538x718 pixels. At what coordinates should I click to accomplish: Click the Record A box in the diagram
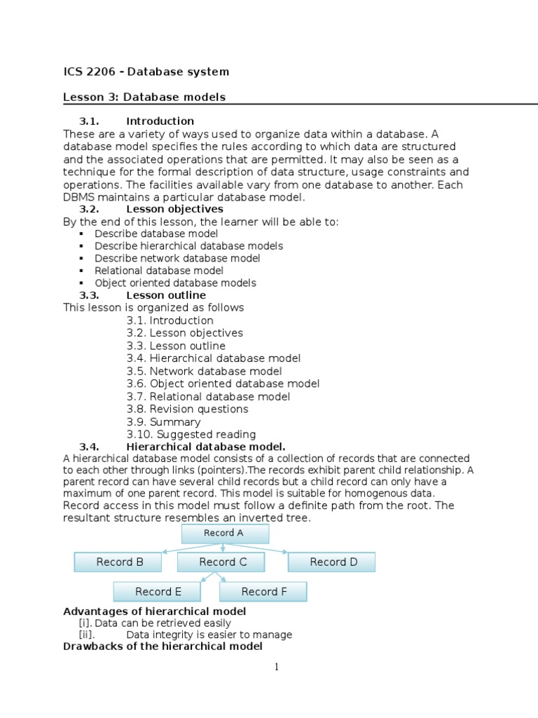225,534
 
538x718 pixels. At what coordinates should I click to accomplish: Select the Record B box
118,562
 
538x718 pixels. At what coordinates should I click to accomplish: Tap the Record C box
222,562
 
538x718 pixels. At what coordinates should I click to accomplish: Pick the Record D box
332,562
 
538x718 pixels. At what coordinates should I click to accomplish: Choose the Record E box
158,592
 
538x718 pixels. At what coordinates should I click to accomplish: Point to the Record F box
263,592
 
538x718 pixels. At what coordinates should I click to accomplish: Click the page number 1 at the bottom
277,668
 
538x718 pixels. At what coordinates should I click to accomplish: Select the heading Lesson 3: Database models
144,97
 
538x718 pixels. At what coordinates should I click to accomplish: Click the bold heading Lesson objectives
174,209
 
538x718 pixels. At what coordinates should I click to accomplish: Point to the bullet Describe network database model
177,258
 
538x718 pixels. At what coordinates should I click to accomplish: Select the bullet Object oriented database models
175,283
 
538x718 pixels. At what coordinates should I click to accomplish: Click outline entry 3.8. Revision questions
188,409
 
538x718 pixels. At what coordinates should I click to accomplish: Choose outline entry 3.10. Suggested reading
191,435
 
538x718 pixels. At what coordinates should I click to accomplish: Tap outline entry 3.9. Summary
164,422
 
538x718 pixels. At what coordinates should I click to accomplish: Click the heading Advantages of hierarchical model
154,611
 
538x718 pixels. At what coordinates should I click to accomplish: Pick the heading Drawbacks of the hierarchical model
163,646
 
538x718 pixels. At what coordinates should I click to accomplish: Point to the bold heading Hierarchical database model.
206,447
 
